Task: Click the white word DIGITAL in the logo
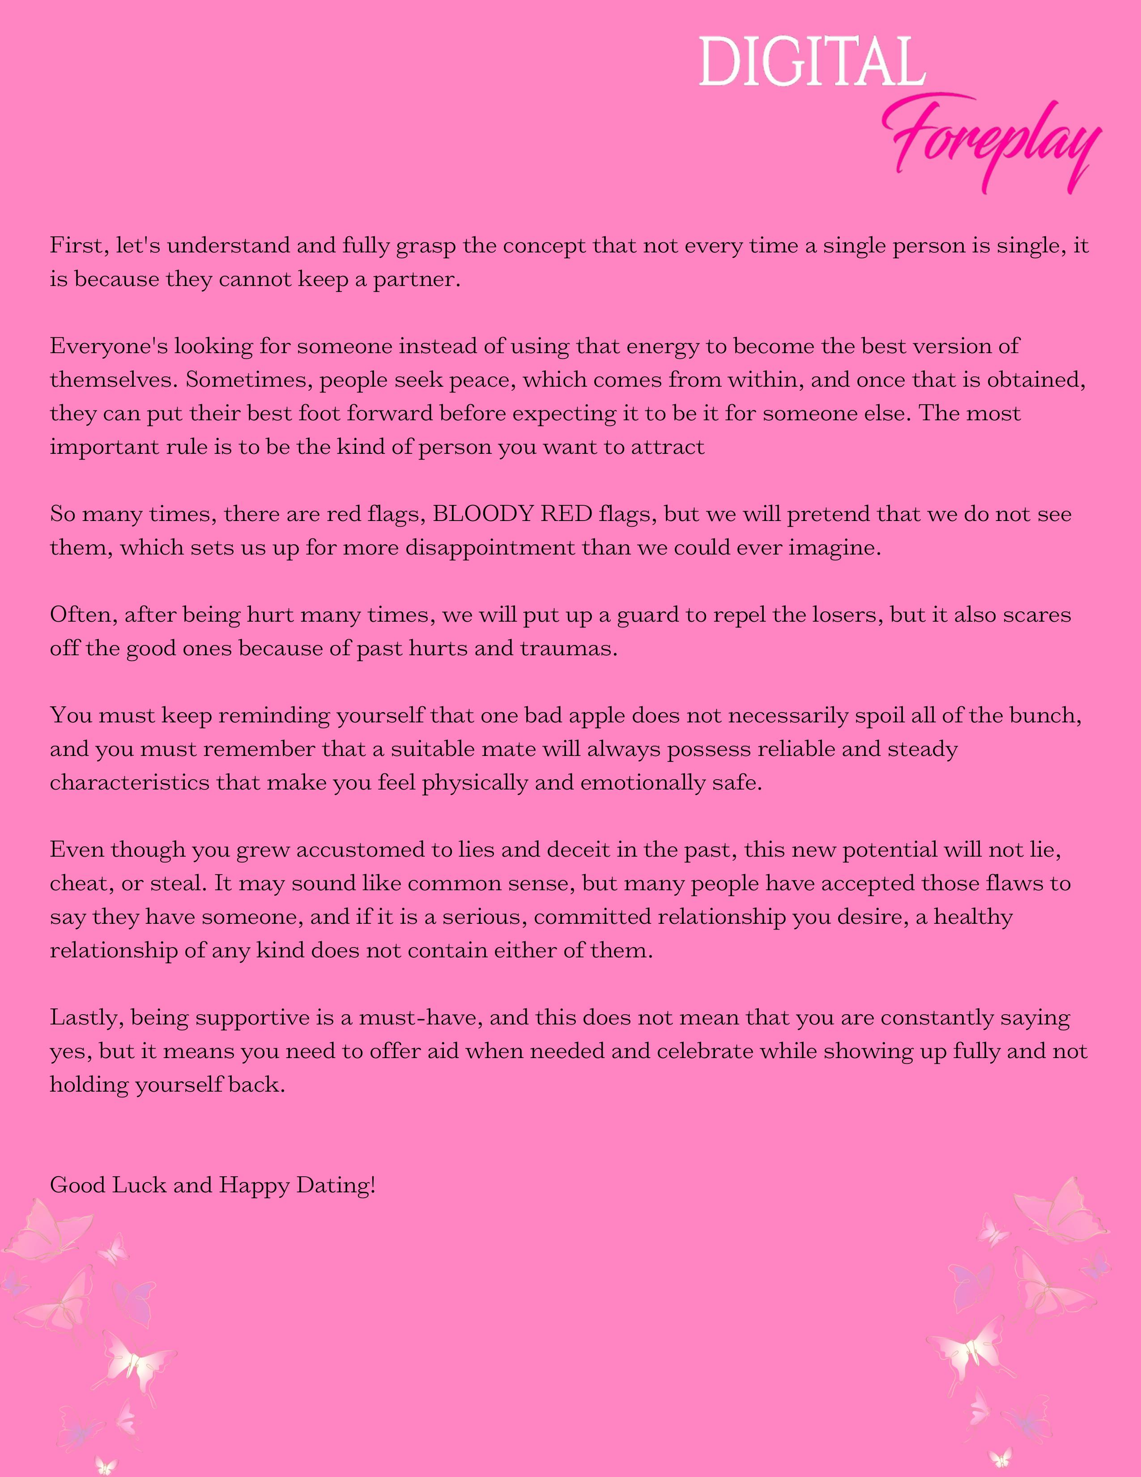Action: tap(811, 62)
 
